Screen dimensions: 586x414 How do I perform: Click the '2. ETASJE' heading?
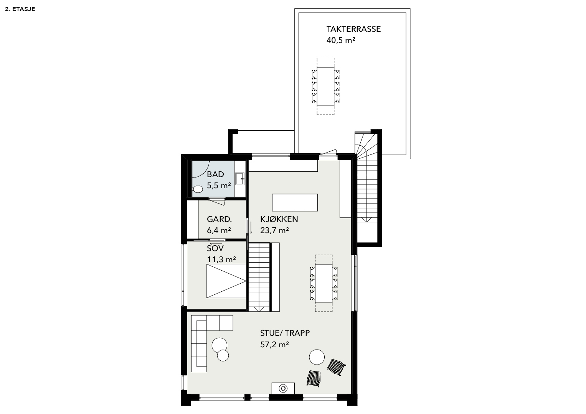point(20,9)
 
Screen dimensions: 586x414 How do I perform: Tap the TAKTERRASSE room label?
point(353,29)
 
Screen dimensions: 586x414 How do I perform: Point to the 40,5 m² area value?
point(341,40)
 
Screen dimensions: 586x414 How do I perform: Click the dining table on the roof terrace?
point(325,86)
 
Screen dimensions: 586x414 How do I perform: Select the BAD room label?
point(215,174)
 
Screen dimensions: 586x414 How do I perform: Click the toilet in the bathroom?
point(198,189)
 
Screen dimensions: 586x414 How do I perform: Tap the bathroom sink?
point(239,179)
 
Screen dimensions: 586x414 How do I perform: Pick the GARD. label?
point(219,219)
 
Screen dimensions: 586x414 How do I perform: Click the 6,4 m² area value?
point(219,230)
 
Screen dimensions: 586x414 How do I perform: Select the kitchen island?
point(295,202)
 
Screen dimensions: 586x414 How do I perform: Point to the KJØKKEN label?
point(279,219)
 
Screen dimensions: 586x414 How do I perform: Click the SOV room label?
point(215,248)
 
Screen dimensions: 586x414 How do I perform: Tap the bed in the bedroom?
point(226,281)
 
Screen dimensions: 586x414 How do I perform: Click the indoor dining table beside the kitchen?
point(324,283)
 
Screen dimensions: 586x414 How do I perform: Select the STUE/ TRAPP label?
point(285,333)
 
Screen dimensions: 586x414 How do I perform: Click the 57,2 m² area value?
point(274,345)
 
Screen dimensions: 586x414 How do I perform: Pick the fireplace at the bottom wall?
point(283,388)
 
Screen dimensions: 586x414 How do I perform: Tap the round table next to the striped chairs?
point(317,357)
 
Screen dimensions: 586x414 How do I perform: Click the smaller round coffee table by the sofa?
point(223,355)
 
